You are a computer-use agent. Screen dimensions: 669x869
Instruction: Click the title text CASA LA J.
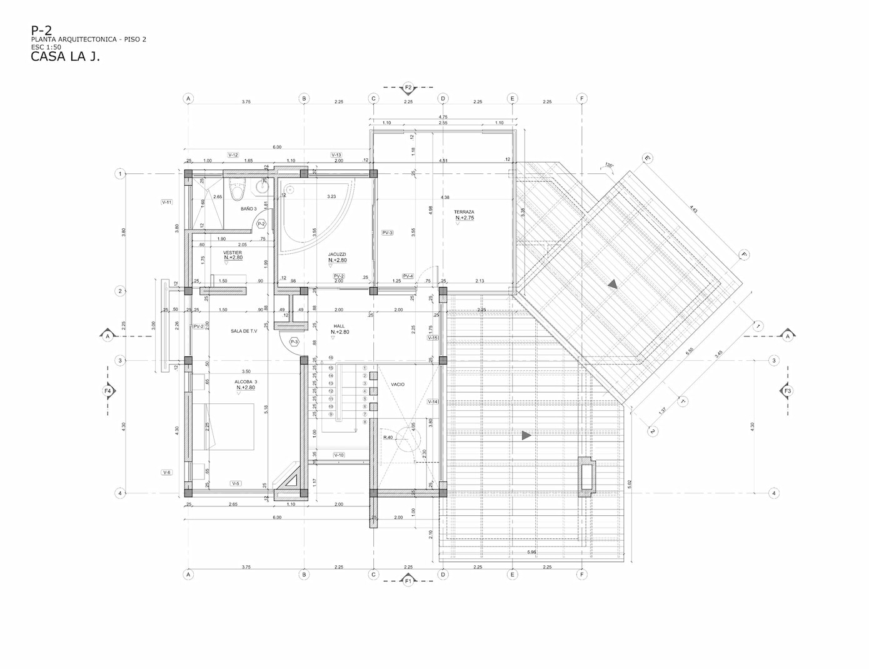65,57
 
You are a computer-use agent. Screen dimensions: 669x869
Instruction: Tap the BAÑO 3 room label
249,209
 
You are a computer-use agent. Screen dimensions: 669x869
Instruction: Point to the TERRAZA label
464,212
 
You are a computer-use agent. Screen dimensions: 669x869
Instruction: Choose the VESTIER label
233,253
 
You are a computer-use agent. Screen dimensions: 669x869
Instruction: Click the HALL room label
339,326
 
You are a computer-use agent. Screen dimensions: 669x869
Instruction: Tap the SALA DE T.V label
244,331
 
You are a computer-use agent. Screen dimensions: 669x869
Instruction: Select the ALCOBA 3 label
246,381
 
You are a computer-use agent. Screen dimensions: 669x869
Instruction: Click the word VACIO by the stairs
398,385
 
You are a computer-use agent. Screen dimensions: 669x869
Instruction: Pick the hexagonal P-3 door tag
294,342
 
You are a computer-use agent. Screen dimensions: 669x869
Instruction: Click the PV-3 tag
387,233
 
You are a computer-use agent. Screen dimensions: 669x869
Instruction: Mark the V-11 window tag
167,202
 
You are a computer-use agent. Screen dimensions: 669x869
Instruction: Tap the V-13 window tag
336,154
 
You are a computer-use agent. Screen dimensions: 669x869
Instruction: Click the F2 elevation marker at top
408,88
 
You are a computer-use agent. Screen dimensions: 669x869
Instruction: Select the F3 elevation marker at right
787,391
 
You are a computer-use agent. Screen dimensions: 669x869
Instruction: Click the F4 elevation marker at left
108,391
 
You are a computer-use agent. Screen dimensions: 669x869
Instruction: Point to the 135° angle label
608,166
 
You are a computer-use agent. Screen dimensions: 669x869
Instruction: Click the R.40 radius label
388,437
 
